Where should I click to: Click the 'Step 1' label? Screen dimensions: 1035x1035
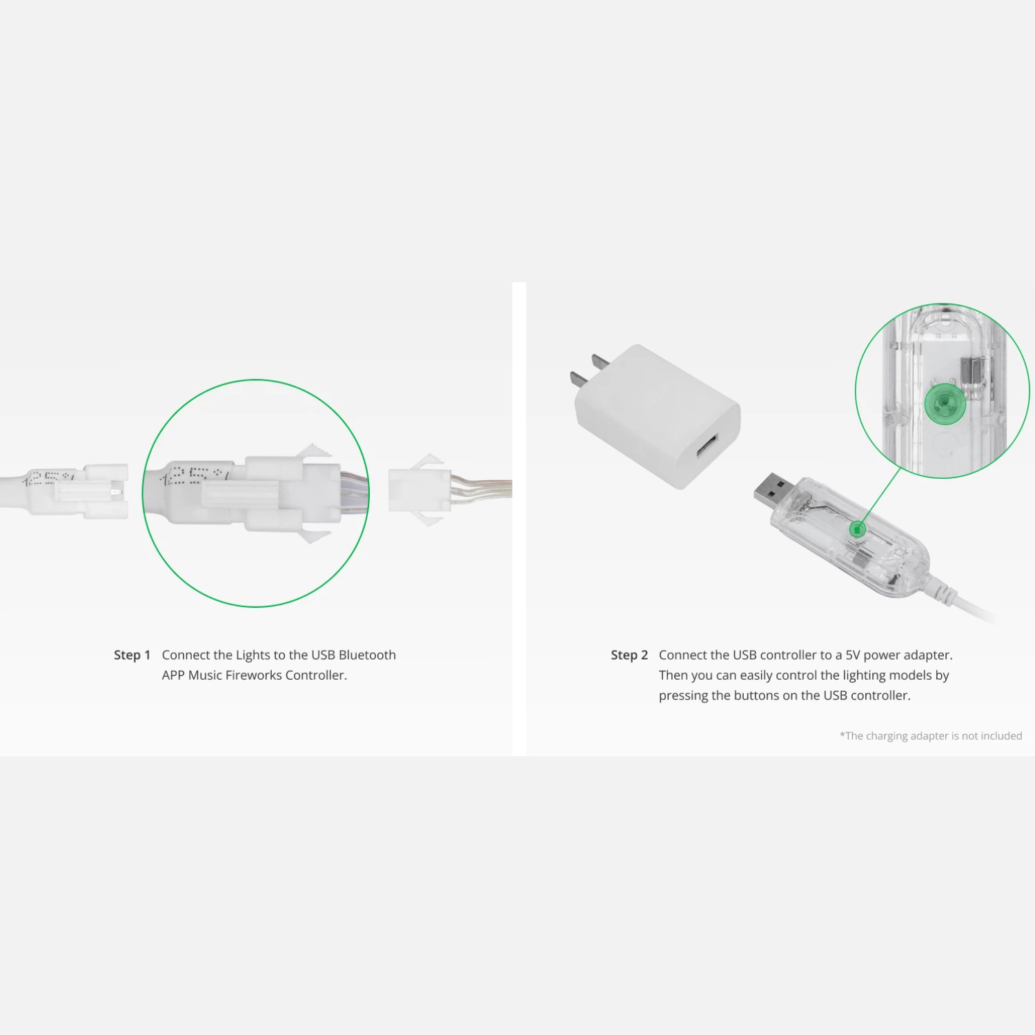132,655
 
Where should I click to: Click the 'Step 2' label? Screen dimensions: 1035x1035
629,655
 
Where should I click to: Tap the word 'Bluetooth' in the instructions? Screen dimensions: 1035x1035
367,655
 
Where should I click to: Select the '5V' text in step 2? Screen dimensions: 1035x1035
853,655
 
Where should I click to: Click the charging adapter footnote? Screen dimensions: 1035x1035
931,736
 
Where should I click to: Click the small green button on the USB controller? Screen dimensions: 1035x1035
857,529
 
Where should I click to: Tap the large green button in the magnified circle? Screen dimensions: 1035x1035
945,404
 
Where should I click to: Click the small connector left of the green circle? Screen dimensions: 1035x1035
100,491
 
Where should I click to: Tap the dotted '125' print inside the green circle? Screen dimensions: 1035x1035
195,475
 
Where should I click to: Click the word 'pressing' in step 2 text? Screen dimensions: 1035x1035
683,696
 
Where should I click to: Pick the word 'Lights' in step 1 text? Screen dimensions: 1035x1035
253,655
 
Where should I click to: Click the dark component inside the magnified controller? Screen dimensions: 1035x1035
971,373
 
